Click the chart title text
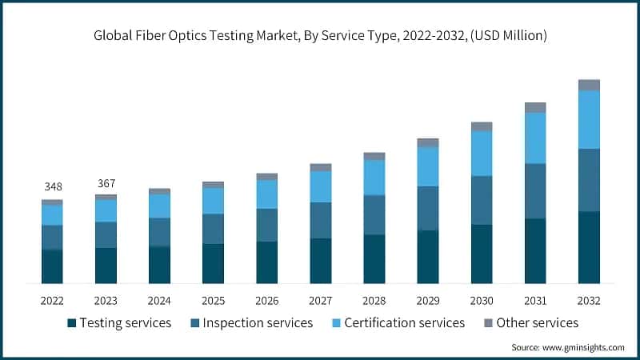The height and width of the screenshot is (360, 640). [x=320, y=34]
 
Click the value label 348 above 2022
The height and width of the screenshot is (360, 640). [x=53, y=186]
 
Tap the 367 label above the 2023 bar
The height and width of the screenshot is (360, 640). [x=106, y=183]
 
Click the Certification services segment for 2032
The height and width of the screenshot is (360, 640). [x=589, y=119]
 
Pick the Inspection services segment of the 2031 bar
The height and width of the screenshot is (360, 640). [x=535, y=190]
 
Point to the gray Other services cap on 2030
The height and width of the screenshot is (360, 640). [x=482, y=126]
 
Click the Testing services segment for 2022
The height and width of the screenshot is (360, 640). [x=53, y=266]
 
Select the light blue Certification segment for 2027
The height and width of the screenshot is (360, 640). [x=321, y=186]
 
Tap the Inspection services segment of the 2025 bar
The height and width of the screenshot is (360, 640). [x=214, y=228]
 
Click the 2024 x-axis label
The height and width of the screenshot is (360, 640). [x=159, y=301]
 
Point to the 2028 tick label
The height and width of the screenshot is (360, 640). [x=374, y=301]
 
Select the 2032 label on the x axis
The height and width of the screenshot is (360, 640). [x=589, y=301]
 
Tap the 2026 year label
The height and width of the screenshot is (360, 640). [x=267, y=301]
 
